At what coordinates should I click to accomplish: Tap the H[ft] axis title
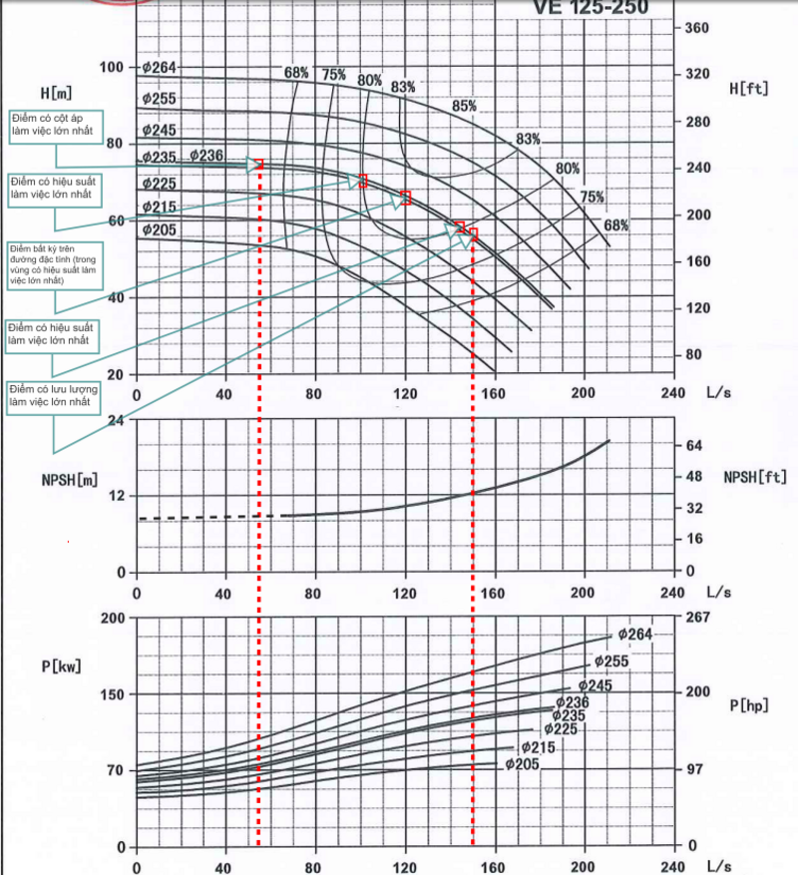click(750, 89)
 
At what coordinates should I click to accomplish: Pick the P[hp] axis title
click(748, 705)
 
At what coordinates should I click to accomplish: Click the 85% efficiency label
click(465, 106)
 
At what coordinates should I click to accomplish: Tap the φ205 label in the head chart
click(159, 229)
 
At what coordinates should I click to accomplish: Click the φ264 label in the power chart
click(635, 634)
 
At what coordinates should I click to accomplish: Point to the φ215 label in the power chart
click(538, 747)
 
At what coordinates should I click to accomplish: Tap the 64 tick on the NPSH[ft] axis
click(694, 445)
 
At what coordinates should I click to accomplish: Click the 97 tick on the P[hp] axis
click(694, 769)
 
